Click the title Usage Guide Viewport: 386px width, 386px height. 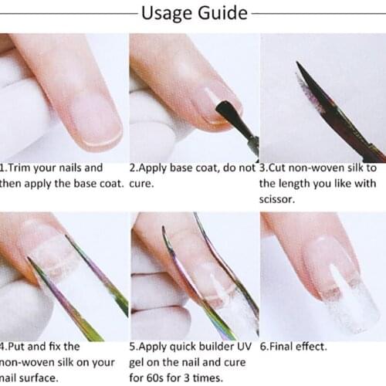click(193, 13)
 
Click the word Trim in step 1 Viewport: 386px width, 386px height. click(23, 167)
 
